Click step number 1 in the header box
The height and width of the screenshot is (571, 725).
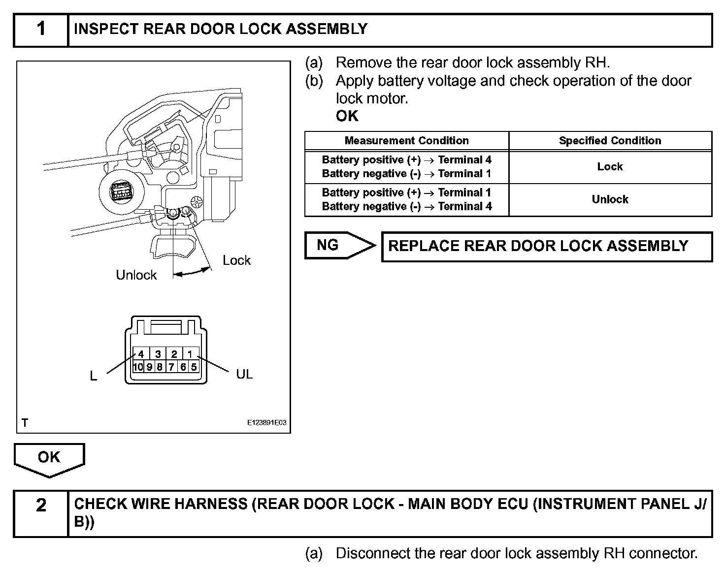(41, 30)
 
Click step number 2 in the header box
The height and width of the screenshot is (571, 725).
(41, 506)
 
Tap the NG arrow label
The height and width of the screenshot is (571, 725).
(328, 245)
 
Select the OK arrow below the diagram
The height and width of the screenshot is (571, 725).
(49, 457)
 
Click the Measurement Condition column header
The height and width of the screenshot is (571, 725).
(406, 141)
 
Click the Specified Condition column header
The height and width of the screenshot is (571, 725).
(610, 141)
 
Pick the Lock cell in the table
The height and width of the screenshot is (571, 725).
(610, 167)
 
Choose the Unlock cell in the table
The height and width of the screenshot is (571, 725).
(610, 199)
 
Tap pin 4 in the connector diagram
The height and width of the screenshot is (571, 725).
(141, 354)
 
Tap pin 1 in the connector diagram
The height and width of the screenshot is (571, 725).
(190, 354)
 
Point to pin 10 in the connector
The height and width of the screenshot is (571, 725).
(138, 367)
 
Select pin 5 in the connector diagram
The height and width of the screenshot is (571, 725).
(194, 367)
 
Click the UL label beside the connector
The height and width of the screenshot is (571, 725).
(244, 375)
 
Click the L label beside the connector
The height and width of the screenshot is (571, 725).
(94, 377)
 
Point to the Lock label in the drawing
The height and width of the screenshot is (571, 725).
(236, 260)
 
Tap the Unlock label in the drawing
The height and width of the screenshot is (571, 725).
(136, 275)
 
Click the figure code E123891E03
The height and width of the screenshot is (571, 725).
(266, 423)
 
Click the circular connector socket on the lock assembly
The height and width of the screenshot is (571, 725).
(121, 191)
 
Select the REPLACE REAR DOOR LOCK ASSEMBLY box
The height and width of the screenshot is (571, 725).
(547, 247)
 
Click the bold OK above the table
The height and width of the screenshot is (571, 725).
(347, 116)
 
